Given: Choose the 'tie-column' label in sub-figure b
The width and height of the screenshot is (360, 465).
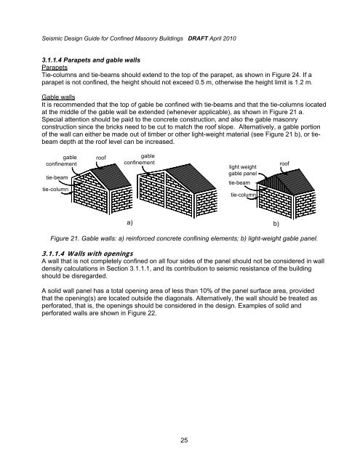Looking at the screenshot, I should coord(245,195).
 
